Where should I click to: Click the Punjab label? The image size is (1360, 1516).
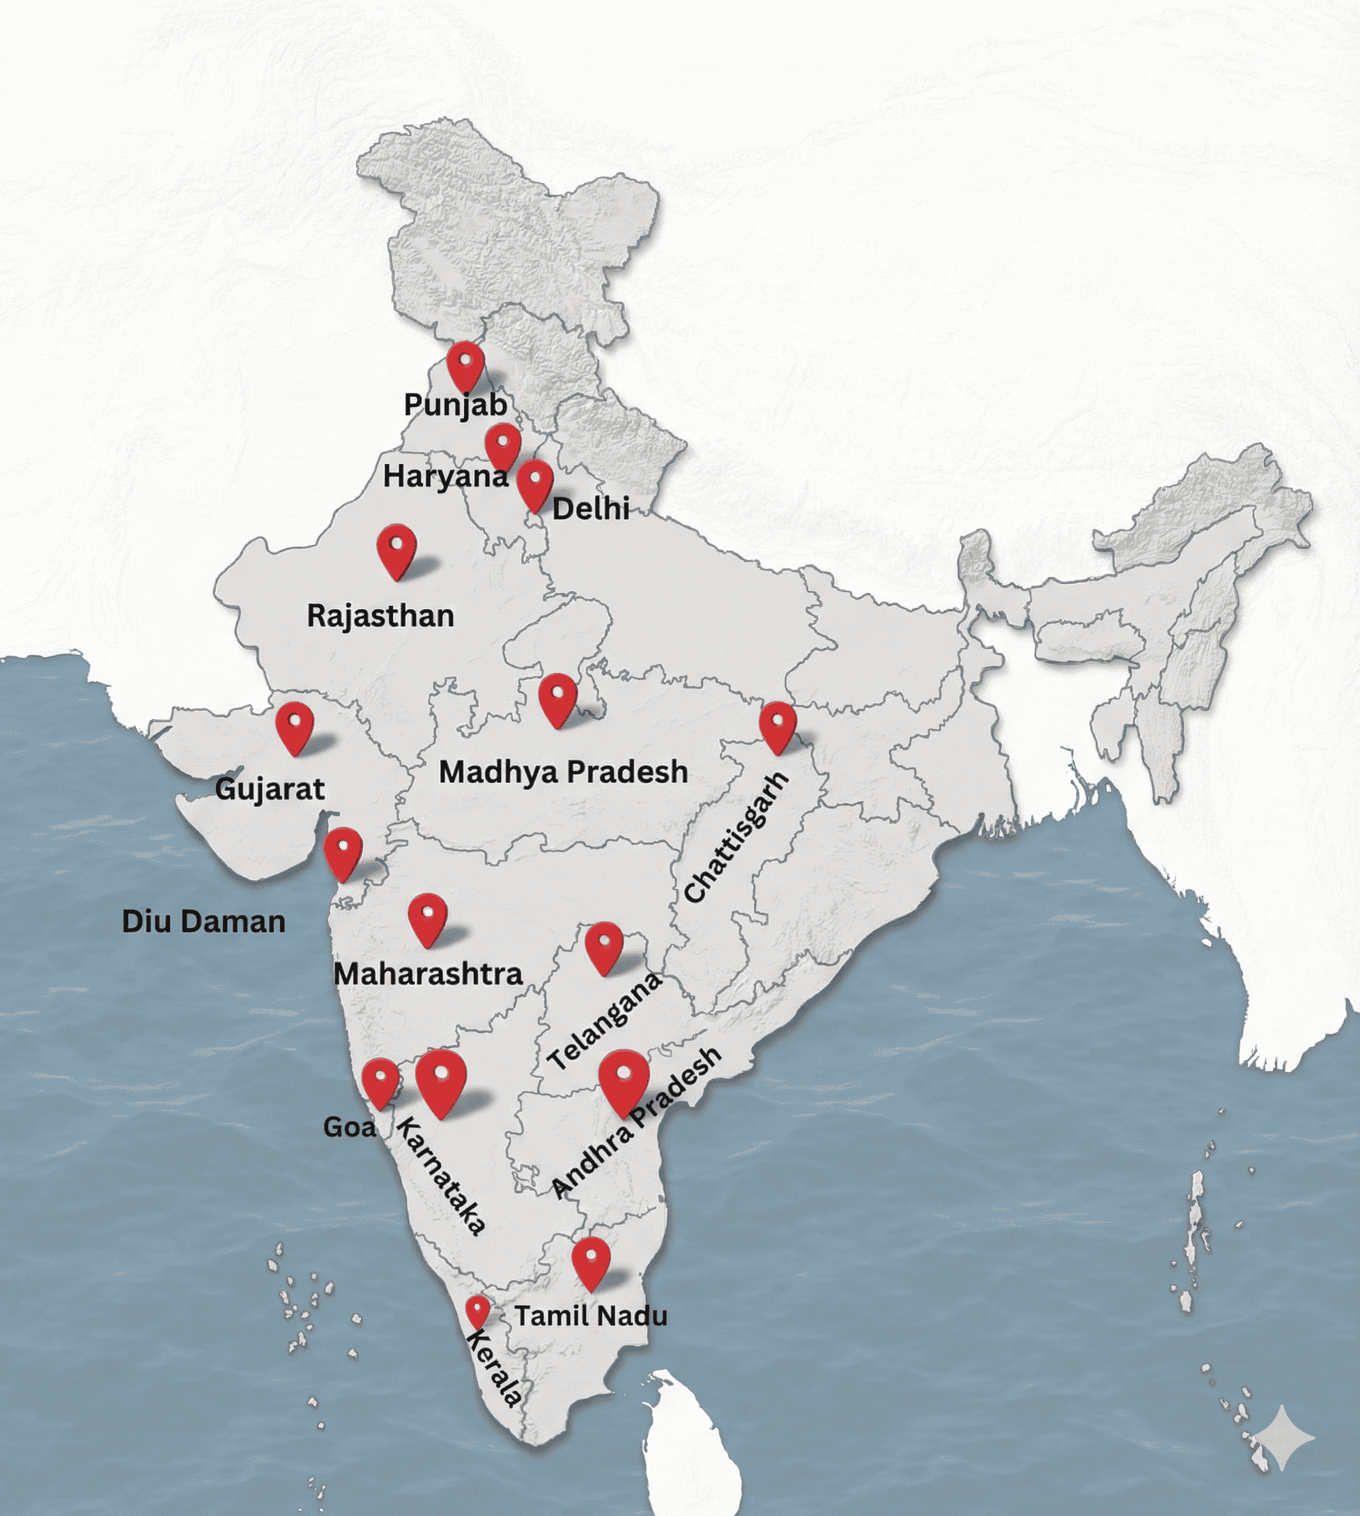(455, 405)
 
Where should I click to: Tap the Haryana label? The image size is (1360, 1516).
(445, 476)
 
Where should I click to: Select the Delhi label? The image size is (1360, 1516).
(590, 509)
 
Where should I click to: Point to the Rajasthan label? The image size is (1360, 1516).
(380, 616)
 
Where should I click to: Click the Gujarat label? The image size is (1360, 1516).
(270, 788)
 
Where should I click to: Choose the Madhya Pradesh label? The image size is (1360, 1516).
(563, 772)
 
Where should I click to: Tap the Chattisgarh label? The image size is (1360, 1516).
(736, 837)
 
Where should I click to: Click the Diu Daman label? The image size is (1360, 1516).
(203, 921)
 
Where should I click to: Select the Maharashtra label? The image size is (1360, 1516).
(427, 973)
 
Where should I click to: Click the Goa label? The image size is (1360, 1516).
(349, 1127)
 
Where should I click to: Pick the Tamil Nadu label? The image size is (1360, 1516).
(590, 1315)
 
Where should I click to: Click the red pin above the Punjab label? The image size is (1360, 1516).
(465, 364)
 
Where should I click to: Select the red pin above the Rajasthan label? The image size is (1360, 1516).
(396, 548)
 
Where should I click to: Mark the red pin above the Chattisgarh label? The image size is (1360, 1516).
(777, 725)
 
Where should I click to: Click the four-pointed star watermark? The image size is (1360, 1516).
(1283, 1437)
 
